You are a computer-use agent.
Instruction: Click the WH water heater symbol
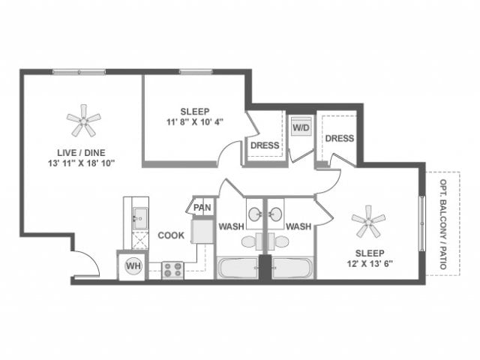[x=133, y=265]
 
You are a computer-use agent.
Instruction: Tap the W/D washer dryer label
[x=300, y=127]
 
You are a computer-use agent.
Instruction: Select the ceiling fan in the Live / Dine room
[x=83, y=120]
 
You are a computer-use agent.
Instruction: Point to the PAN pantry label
[x=202, y=208]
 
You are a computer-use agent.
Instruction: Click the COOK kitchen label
[x=171, y=235]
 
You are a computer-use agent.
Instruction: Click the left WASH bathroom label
[x=229, y=226]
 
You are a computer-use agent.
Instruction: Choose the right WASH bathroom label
[x=298, y=226]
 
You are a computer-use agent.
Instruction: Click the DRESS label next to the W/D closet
[x=264, y=145]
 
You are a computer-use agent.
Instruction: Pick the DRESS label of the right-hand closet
[x=339, y=138]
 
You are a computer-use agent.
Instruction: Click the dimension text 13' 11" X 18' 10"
[x=81, y=162]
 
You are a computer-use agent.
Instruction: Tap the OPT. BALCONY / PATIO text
[x=443, y=223]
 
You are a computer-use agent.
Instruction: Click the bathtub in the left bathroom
[x=237, y=268]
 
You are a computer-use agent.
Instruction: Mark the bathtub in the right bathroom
[x=292, y=268]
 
